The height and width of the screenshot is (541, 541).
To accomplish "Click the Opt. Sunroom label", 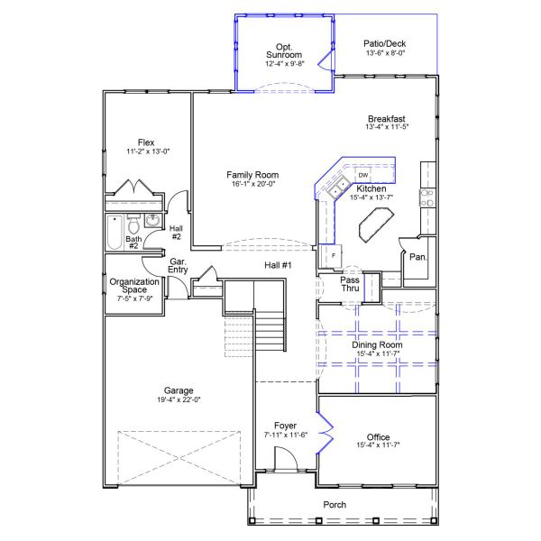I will (284, 50).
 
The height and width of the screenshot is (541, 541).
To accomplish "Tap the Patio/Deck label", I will (385, 42).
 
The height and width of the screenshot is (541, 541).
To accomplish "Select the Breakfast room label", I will (387, 119).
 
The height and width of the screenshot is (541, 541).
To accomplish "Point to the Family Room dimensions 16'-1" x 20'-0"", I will (252, 184).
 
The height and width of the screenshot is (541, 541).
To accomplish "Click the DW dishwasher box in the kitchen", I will (362, 175).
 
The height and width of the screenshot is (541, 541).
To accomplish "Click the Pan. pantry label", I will (417, 256).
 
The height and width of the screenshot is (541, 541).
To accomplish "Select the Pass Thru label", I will (350, 284).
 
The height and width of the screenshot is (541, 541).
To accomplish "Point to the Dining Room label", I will (378, 344).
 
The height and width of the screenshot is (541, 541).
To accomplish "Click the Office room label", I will (378, 436).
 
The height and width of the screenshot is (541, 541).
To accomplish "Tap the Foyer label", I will (285, 426).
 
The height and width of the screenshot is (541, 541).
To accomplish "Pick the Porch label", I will (335, 505).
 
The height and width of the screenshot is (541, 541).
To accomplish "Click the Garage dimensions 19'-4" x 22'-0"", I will (179, 399).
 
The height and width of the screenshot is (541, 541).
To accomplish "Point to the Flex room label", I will (146, 142).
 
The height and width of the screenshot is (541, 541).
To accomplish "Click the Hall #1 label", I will (279, 265).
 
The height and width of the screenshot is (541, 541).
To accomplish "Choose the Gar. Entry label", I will (178, 266).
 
